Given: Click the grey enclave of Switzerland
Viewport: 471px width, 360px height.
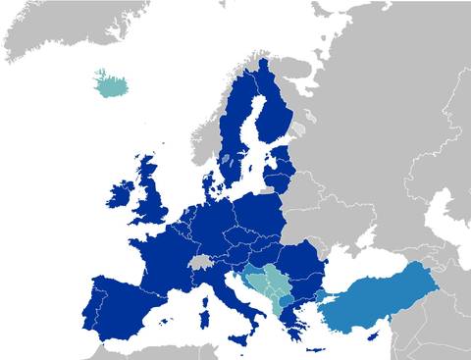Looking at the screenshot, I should [x=202, y=263].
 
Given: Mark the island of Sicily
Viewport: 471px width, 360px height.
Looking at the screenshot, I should [x=239, y=335].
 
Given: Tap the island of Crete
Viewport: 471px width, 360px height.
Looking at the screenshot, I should [x=316, y=350].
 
